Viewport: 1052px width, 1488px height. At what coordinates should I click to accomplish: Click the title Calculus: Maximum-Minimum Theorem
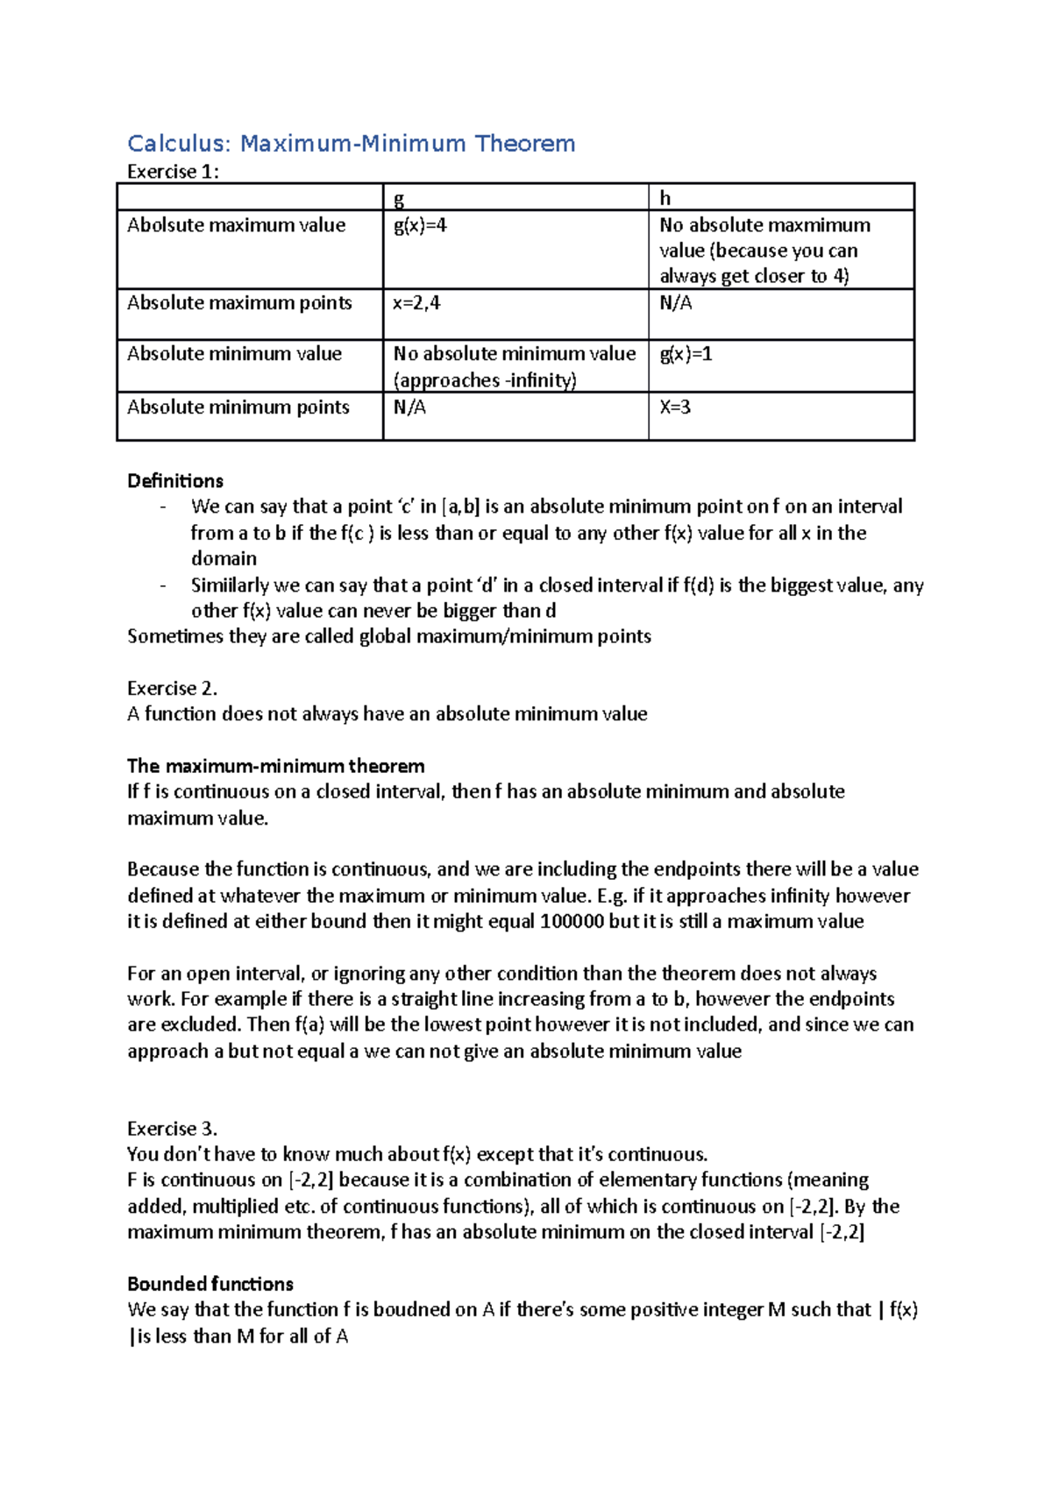(351, 144)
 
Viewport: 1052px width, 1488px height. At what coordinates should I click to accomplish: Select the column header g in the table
(399, 198)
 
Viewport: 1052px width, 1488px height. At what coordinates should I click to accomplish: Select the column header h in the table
(665, 198)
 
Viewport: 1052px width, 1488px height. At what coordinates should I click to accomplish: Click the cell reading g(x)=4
(420, 225)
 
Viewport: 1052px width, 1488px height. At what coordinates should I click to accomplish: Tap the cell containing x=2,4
(416, 303)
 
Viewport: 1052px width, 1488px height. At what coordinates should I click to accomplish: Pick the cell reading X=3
(675, 407)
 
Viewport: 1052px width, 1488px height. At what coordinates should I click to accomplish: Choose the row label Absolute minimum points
(238, 407)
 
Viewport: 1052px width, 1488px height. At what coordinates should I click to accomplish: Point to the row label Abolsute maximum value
(236, 225)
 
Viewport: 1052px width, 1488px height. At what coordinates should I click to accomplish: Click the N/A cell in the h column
(675, 303)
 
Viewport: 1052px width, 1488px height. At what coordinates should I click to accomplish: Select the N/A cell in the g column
(409, 407)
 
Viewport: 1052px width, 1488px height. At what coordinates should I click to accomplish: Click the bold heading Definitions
(175, 481)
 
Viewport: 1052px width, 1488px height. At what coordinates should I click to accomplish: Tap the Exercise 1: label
(173, 172)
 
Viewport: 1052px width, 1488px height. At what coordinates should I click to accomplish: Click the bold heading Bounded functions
(210, 1284)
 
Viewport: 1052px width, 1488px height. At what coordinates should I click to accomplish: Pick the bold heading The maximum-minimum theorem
(275, 766)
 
